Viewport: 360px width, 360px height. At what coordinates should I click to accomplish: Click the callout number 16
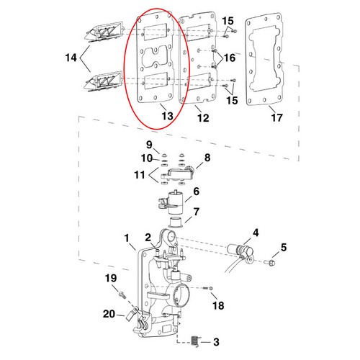(229, 56)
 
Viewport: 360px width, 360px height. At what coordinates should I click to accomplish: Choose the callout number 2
(147, 238)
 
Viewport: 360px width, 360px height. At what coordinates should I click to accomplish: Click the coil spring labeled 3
(199, 339)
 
